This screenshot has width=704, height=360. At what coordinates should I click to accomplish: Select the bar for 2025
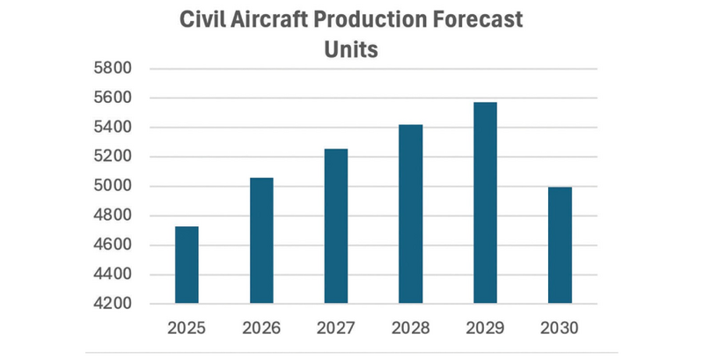[187, 265]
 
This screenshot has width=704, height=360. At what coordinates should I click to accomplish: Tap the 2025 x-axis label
[187, 328]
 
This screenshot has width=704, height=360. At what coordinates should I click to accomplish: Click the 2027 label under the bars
[336, 328]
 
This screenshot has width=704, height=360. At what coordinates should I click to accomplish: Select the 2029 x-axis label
[485, 328]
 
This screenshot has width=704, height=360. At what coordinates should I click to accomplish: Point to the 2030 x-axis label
[560, 328]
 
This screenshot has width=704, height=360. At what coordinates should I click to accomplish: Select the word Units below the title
[351, 49]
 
